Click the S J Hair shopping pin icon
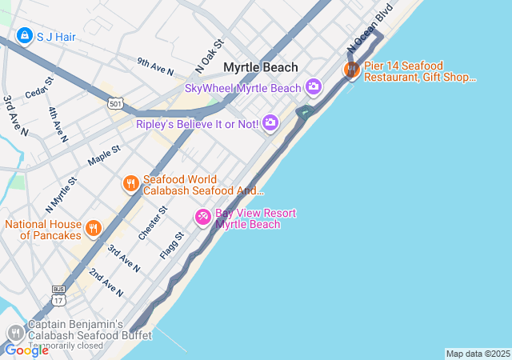click(24, 36)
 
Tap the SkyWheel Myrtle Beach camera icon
click(314, 86)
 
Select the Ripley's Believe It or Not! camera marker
click(270, 122)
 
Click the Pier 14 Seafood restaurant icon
click(351, 70)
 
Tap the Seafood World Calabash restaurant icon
click(131, 184)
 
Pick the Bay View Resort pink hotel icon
click(203, 217)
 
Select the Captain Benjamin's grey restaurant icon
click(15, 334)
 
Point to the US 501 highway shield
click(117, 103)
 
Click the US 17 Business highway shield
click(58, 297)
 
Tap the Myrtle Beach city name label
click(261, 68)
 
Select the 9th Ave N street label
click(155, 66)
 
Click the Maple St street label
click(104, 154)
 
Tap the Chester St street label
click(152, 222)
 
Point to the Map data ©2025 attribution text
click(478, 354)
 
